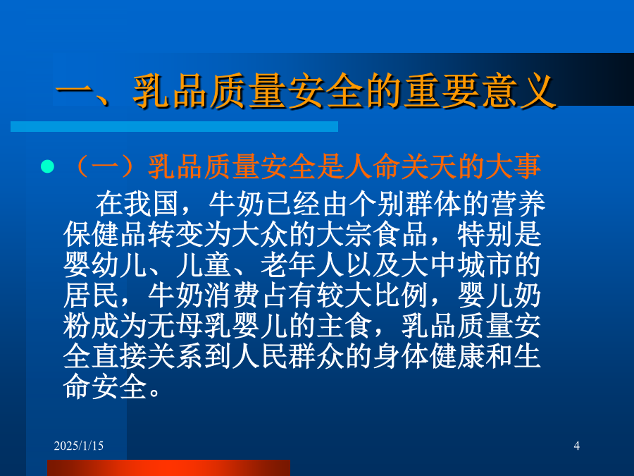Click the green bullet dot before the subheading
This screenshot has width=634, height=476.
(47, 166)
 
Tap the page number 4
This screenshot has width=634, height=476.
(576, 446)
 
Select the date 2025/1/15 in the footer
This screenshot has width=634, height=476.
(79, 446)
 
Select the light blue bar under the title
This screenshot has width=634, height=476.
(174, 126)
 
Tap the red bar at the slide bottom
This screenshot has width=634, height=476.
(168, 468)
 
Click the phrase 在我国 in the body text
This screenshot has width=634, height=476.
(137, 204)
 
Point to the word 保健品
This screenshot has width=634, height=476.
(105, 234)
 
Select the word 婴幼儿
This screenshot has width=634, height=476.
(105, 265)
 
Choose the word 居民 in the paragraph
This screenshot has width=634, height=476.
(91, 295)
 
